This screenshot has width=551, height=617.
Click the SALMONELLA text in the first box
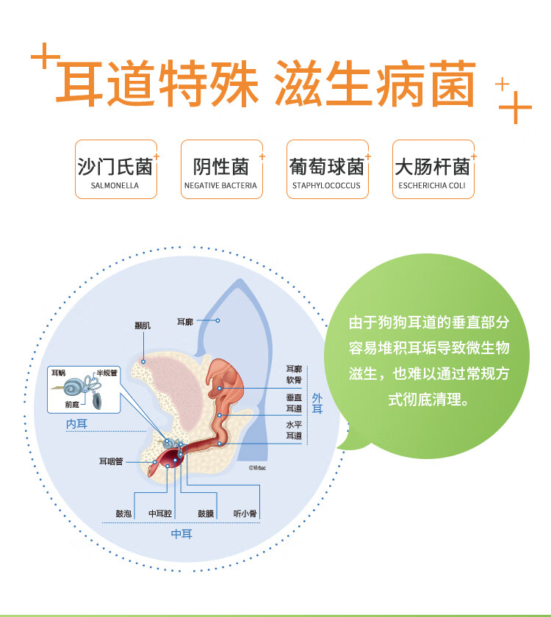(x=115, y=186)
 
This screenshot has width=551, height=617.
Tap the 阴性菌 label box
(x=221, y=169)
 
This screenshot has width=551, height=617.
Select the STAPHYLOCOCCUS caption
(x=326, y=186)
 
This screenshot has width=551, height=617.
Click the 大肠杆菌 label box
(x=433, y=169)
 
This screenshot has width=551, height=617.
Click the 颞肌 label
(x=143, y=325)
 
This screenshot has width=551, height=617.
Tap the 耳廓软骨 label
(x=294, y=374)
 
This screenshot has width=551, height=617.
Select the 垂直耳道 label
(x=294, y=403)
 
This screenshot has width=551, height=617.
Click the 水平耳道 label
(x=294, y=430)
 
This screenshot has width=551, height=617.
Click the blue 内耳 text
(x=76, y=424)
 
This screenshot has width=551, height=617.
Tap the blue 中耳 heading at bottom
(x=181, y=534)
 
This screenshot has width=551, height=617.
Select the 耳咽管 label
(x=112, y=462)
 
